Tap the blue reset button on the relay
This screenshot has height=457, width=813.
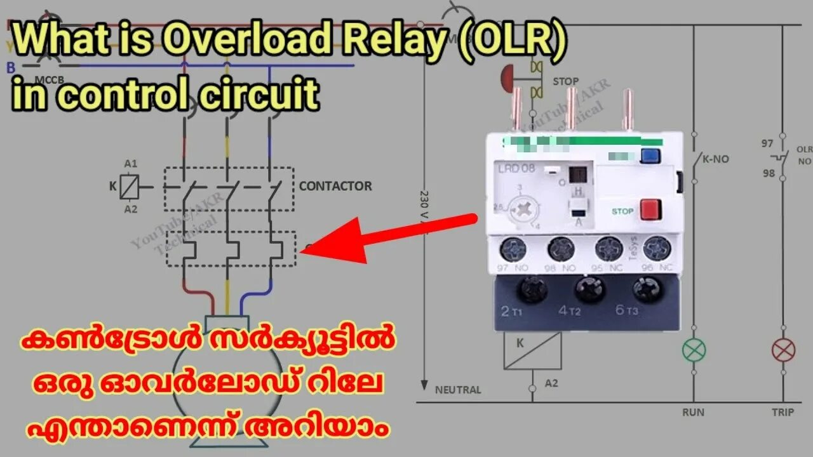point(649,156)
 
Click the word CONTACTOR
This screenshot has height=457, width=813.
point(335,187)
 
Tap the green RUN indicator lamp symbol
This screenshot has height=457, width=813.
point(694,350)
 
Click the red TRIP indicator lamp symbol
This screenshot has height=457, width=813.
point(783,350)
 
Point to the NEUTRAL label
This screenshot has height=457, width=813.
point(458,390)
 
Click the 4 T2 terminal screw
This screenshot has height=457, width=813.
point(590,290)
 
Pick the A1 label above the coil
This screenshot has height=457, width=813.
point(130,164)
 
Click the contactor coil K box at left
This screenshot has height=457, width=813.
point(130,187)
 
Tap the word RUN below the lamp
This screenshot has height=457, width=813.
point(693,413)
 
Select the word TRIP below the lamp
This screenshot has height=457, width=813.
point(783,413)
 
